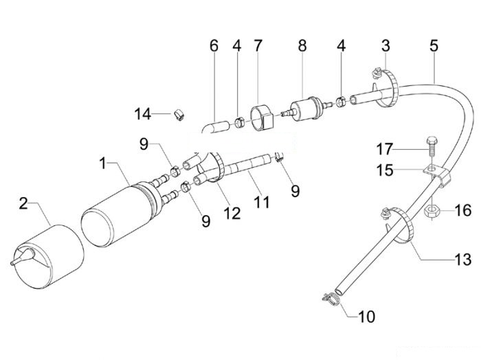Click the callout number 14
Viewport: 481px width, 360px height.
pos(143,114)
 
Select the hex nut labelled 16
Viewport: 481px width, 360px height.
pos(432,211)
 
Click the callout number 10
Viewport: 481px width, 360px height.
pos(366,316)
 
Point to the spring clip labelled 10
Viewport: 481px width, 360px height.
pos(332,299)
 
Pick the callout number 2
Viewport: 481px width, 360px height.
pos(23,203)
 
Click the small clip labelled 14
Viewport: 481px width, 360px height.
pos(179,114)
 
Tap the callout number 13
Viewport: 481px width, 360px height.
pos(462,260)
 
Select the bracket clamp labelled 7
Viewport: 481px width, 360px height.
pos(261,118)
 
